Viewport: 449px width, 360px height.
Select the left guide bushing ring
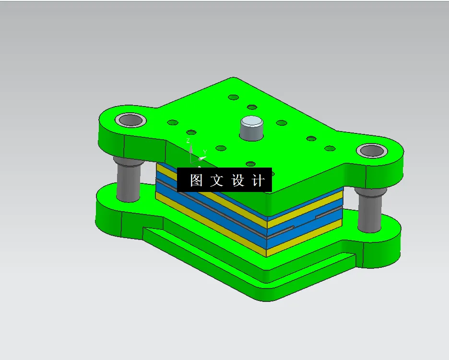pyautogui.click(x=130, y=120)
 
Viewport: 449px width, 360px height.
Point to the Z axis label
pyautogui.click(x=189, y=140)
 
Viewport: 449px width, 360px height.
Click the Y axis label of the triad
pyautogui.click(x=205, y=152)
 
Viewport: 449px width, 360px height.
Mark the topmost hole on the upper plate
pyautogui.click(x=234, y=97)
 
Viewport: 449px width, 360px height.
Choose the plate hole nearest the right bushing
pyautogui.click(x=329, y=148)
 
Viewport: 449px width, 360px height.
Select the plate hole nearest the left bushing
pyautogui.click(x=172, y=122)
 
